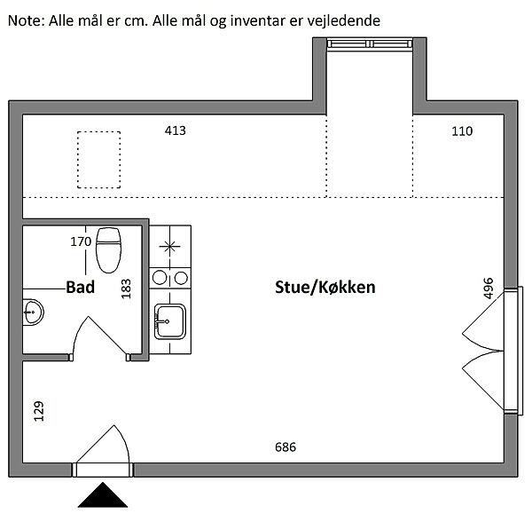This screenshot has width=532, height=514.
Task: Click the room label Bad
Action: pos(80,287)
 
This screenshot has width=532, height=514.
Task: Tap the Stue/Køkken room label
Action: pos(325,288)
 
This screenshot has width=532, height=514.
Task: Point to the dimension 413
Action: pos(175,130)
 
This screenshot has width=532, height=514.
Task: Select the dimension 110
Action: pos(462,131)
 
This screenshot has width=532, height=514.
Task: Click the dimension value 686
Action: pos(286,447)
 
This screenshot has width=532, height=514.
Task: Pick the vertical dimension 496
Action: pos(488,289)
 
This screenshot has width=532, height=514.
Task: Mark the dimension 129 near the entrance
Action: pos(39,411)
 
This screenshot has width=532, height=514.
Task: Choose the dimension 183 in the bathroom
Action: pos(126,289)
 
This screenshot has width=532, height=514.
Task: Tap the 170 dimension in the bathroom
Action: pos(81,241)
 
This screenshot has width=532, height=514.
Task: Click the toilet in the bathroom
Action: pos(108,250)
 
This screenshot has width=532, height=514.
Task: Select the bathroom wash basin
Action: pos(33,312)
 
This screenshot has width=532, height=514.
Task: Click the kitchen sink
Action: pos(170,321)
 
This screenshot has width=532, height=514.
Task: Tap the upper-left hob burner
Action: pos(160,278)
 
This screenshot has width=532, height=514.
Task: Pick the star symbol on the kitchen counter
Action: pos(169,246)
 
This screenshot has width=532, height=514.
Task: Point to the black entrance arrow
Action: pos(103,495)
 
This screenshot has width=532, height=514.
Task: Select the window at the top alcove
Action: pos(370,44)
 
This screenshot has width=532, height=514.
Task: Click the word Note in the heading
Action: pos(26,20)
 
